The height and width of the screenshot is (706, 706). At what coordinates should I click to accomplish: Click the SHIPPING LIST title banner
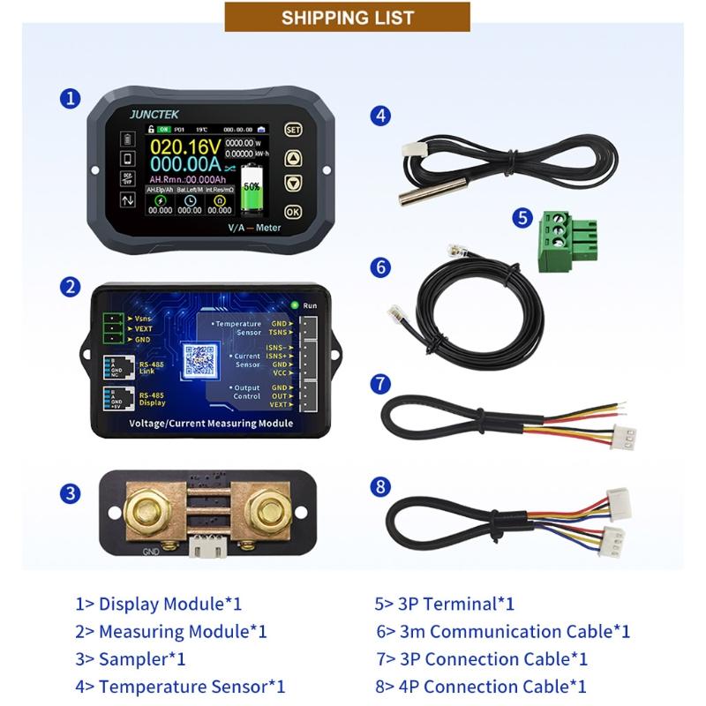[x=347, y=17]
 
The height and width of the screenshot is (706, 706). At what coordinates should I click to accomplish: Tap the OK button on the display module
[x=293, y=212]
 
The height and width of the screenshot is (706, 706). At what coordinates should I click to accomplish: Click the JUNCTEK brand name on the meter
[x=154, y=114]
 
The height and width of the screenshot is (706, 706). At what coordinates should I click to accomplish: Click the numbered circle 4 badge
[x=379, y=115]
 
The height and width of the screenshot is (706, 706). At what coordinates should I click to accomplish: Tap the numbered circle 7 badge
[x=379, y=384]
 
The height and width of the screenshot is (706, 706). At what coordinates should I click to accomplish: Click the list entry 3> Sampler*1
[x=130, y=658]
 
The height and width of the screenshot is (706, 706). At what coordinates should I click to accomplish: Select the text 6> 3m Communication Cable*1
[x=503, y=631]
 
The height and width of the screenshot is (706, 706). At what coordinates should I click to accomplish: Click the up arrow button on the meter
[x=293, y=158]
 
